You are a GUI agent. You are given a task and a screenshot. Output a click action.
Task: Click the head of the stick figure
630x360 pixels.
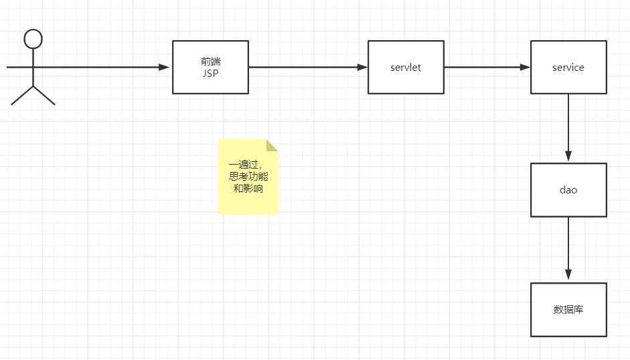coord(33,39)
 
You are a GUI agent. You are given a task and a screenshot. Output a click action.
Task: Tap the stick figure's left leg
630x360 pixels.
coord(22,96)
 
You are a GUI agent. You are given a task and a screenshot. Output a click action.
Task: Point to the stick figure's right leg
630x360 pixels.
coord(44,96)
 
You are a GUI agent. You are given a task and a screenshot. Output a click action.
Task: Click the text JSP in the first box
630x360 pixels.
coord(210,74)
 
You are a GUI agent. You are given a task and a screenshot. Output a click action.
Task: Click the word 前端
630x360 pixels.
coord(210,62)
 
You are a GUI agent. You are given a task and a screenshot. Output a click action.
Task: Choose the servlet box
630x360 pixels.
coord(406,67)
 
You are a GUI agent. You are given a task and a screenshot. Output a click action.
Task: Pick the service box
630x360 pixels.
coord(568,67)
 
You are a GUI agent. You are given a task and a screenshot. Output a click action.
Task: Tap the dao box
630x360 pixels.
coord(568,189)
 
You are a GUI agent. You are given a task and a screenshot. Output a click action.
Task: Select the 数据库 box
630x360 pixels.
coord(568,309)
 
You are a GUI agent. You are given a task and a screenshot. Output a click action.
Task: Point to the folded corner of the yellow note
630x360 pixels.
coord(271,145)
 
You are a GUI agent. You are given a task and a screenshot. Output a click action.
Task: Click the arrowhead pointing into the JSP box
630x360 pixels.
coord(164,67)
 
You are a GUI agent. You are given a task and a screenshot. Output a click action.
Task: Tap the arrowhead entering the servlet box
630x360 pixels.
coord(362,67)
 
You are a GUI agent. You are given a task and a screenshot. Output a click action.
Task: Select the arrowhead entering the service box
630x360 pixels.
coord(526,67)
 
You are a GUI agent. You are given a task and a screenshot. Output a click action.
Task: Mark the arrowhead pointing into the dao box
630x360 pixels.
coord(568,157)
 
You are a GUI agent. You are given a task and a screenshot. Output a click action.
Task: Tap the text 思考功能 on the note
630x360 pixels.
coord(248,177)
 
